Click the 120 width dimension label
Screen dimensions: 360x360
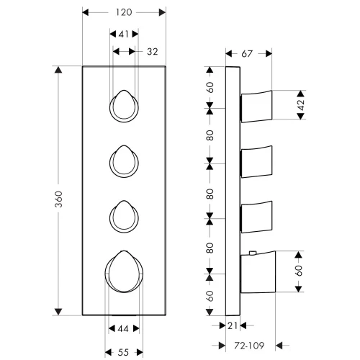124,12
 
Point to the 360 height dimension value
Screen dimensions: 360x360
58,199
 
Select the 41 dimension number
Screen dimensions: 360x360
124,35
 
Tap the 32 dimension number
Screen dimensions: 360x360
153,52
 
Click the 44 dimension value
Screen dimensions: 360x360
123,328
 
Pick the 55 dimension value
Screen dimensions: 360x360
123,352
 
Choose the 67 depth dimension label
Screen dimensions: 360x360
247,54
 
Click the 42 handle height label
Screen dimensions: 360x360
300,104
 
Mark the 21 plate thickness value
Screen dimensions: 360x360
233,325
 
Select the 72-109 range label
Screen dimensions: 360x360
249,346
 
